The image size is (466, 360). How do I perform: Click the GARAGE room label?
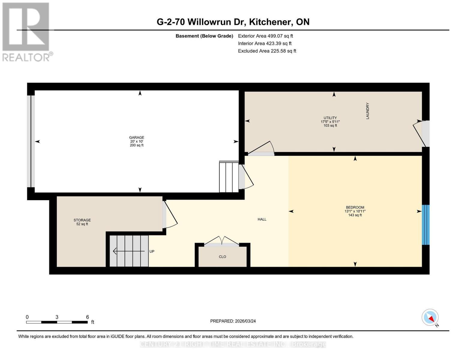click(137, 138)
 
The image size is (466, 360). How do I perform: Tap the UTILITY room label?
click(330, 118)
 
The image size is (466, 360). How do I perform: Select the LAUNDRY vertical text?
click(368, 111)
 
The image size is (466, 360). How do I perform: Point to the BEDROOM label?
click(355, 207)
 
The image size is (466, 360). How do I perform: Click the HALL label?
click(262, 219)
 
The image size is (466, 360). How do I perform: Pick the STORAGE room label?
click(82, 220)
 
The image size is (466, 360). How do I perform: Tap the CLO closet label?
click(222, 257)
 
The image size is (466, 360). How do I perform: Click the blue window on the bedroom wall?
click(425, 225)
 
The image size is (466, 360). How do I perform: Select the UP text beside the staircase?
click(152, 251)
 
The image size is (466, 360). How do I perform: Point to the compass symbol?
click(430, 317)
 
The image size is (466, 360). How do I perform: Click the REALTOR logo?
click(26, 32)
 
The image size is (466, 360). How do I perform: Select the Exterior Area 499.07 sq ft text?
click(265, 36)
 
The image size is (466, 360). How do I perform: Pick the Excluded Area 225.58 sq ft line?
click(267, 51)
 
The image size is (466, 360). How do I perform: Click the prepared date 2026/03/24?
click(233, 321)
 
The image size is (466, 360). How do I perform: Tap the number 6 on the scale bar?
click(87, 317)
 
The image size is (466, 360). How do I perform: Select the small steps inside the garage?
click(229, 177)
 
